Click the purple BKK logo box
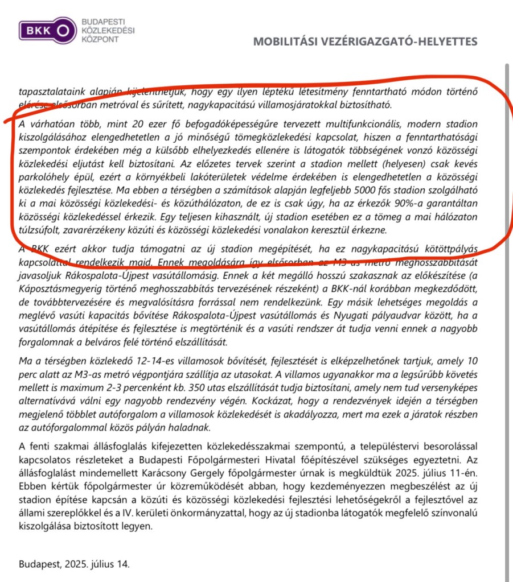pos(47,30)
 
